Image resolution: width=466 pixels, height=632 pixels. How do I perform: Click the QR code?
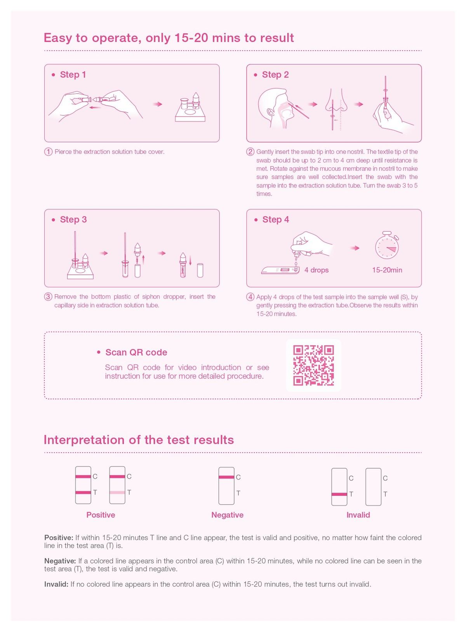pyautogui.click(x=313, y=365)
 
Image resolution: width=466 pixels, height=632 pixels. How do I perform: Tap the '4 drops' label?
pyautogui.click(x=316, y=270)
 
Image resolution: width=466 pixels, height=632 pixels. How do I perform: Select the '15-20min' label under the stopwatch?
pyautogui.click(x=387, y=270)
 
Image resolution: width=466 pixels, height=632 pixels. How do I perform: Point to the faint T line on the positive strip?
pyautogui.click(x=117, y=492)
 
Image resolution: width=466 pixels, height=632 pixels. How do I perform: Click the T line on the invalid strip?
pyautogui.click(x=339, y=494)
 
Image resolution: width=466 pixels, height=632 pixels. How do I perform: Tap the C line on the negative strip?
pyautogui.click(x=226, y=477)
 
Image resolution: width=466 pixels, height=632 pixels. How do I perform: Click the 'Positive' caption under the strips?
pyautogui.click(x=101, y=515)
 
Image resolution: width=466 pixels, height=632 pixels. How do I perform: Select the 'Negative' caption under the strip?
pyautogui.click(x=227, y=515)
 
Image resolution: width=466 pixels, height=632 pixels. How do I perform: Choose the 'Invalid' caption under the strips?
pyautogui.click(x=358, y=515)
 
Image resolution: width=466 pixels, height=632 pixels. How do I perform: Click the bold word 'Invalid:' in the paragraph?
pyautogui.click(x=56, y=584)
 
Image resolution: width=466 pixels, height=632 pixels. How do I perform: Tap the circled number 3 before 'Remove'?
pyautogui.click(x=48, y=297)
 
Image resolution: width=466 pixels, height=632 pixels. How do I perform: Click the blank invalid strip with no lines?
pyautogui.click(x=373, y=487)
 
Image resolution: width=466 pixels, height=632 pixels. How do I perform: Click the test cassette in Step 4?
pyautogui.click(x=280, y=270)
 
